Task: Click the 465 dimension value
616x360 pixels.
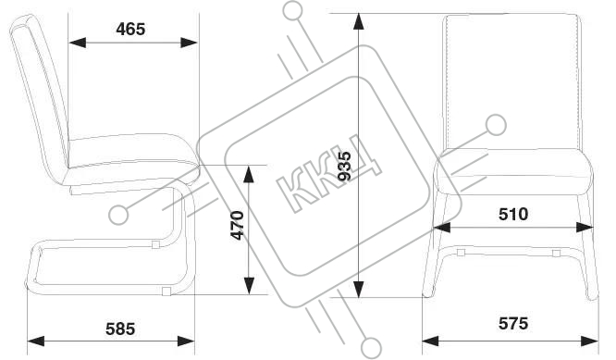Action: coord(130,29)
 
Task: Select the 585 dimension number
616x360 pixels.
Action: coord(120,329)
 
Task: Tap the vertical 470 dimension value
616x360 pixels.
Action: coord(238,225)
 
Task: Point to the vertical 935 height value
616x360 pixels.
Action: coord(345,166)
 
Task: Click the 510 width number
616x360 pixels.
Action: coord(513,214)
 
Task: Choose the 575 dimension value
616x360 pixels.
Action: coord(513,324)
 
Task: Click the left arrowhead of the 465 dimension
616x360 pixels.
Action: coord(77,43)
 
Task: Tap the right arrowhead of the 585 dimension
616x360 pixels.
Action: coord(186,341)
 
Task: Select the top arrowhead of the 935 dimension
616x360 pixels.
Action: coord(358,22)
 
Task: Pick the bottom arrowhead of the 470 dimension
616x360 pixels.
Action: coord(249,286)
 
